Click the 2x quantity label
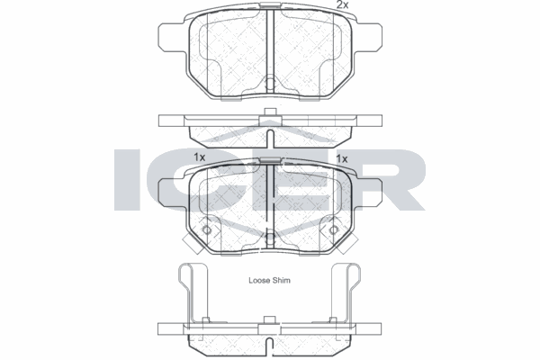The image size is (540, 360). point(342,4)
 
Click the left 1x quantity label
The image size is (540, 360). point(200,157)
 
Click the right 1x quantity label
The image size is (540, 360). point(342,158)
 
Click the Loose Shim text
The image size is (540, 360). point(269,281)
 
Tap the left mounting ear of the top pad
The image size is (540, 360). point(172,37)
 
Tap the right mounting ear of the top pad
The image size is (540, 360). point(368,37)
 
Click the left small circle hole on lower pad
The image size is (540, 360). point(207,229)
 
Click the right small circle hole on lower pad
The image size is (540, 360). point(333,229)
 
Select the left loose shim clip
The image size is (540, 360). point(192,292)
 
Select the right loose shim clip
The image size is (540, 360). point(346,292)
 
